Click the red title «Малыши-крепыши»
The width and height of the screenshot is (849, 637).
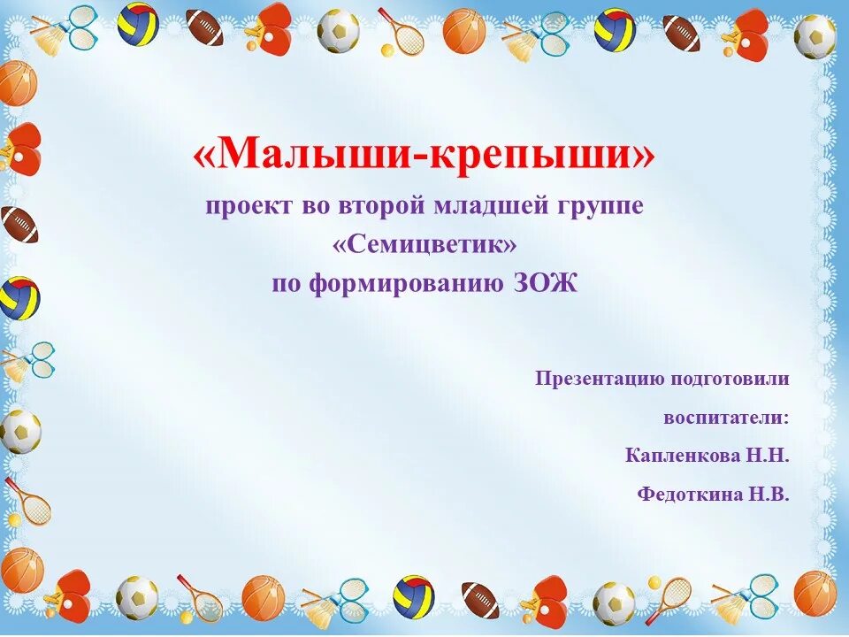[x=424, y=156]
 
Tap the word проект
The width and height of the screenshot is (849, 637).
[x=239, y=207]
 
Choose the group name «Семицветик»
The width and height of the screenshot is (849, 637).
[x=424, y=245]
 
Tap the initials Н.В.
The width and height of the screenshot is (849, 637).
[x=770, y=495]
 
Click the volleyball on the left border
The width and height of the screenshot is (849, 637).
[x=19, y=298]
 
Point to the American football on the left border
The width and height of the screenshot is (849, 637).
[x=19, y=225]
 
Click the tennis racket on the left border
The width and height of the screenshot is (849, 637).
[x=28, y=503]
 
